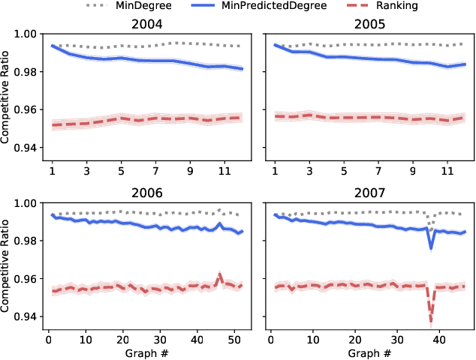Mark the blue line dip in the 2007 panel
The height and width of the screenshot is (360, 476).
(431, 247)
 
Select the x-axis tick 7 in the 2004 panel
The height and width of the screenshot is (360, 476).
(155, 171)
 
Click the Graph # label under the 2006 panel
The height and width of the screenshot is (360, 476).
(143, 352)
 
